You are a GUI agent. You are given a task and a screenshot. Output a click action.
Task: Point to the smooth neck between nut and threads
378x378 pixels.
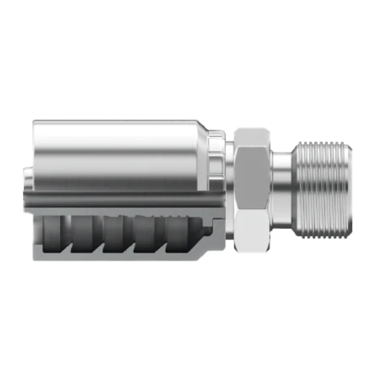[281, 186]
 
